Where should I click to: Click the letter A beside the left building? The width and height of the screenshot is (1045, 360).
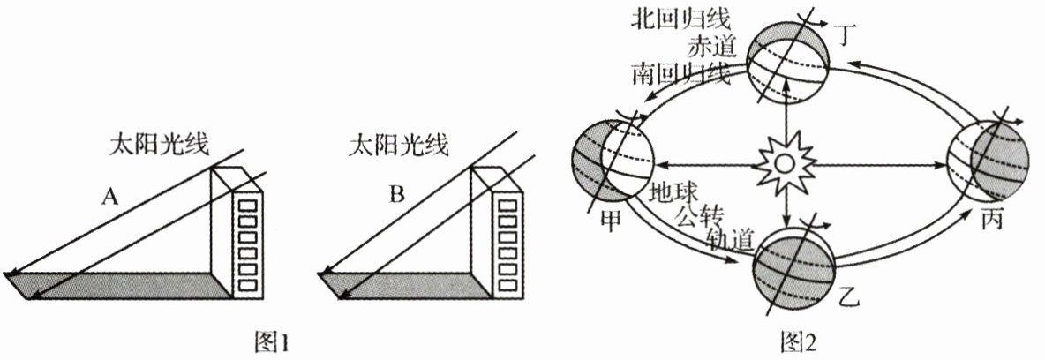tap(109, 196)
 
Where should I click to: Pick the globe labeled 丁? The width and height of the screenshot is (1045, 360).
tap(784, 65)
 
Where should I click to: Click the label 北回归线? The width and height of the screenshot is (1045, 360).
tap(668, 19)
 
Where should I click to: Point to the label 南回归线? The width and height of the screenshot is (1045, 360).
tap(680, 74)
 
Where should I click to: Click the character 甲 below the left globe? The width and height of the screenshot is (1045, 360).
tap(610, 219)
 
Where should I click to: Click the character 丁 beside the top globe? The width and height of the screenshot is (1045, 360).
tap(848, 35)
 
